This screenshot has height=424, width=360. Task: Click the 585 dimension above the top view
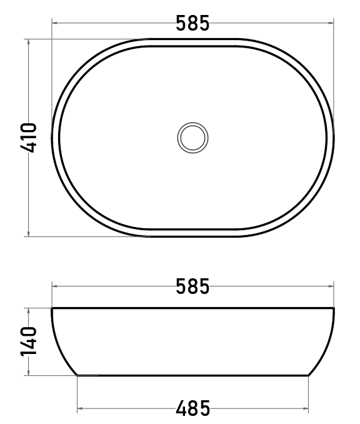coord(192,23)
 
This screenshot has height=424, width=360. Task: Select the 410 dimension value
coord(28,138)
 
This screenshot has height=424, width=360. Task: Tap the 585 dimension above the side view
coord(192,286)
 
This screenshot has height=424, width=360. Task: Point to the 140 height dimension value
coord(28,341)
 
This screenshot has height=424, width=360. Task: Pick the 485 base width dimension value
coord(192,408)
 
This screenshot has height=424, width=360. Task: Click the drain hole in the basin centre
coord(192,138)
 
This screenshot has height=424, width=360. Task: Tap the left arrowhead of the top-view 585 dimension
coord(54,23)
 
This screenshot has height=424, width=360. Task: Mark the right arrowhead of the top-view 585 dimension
coord(331,23)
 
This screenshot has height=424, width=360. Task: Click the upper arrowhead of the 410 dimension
coord(28,41)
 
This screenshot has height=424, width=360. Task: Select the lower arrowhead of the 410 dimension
coord(28,234)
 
